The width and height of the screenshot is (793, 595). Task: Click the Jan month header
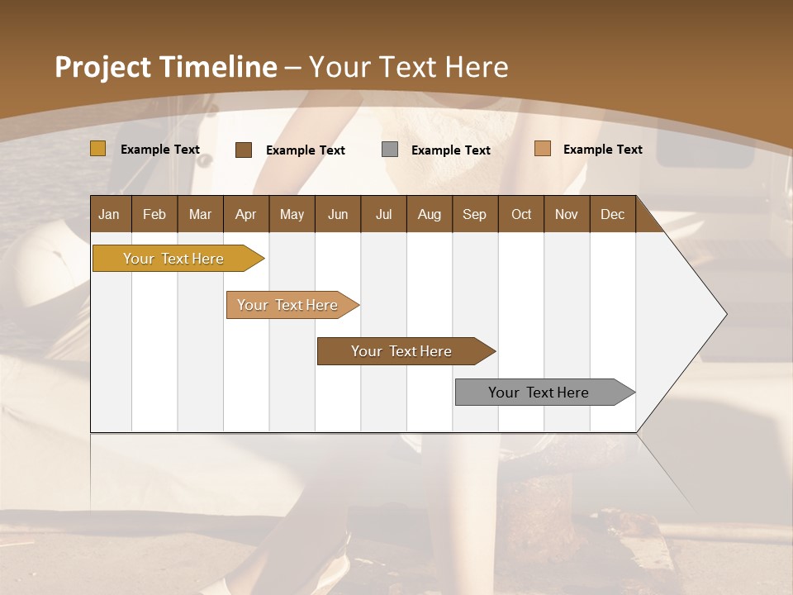pos(109,214)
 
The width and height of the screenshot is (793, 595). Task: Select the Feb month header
pos(154,214)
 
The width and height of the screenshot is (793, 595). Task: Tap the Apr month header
pos(245,214)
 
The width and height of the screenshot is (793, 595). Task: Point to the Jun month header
pos(338,214)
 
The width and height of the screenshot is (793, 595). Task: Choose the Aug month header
pos(429,214)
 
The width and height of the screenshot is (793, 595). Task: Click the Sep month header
pos(474,214)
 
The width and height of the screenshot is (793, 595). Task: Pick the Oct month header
pos(521,214)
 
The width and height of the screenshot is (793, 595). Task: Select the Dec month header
pos(612,214)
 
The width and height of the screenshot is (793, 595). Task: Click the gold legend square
pos(98,149)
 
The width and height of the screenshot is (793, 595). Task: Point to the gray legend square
pos(390,150)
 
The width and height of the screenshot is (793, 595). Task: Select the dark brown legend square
pos(244,150)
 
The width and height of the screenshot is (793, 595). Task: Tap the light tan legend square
pos(543,149)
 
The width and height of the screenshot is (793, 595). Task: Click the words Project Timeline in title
pos(166,67)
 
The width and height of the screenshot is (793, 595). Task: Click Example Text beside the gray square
pos(451,150)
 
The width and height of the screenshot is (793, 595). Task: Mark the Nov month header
pos(567,214)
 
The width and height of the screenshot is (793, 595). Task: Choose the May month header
pos(292,214)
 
